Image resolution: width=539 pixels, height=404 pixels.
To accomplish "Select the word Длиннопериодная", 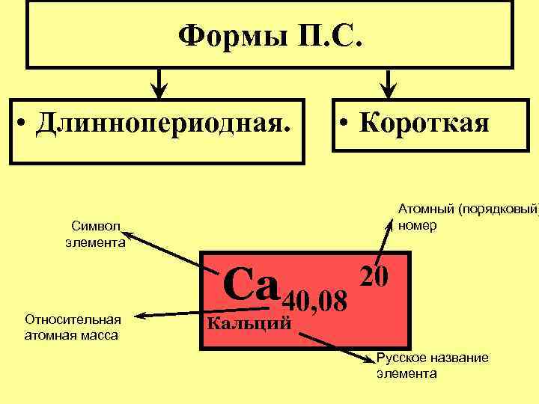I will click(x=163, y=121).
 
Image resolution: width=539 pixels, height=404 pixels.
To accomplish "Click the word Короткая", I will click(x=424, y=121).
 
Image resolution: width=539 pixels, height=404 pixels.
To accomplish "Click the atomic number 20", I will click(x=374, y=276).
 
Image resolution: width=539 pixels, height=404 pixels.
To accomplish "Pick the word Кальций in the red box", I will click(x=247, y=322).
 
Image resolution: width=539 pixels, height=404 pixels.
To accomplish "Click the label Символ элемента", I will click(x=95, y=233).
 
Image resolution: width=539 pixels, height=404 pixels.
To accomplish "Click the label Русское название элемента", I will click(x=432, y=365).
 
